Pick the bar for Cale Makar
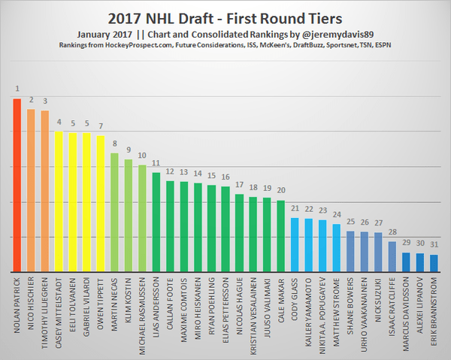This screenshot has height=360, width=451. click(280, 236)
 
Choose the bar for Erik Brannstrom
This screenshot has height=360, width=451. click(434, 263)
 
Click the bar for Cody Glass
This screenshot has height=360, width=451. click(295, 245)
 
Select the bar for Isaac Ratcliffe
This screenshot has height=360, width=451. click(392, 256)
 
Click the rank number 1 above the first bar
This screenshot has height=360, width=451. click(17, 89)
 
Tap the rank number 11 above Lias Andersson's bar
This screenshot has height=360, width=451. click(156, 162)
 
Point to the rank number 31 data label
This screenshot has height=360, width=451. click(434, 245)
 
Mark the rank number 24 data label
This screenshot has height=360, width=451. click(337, 213)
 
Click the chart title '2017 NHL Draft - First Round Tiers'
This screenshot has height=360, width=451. click(225, 17)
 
